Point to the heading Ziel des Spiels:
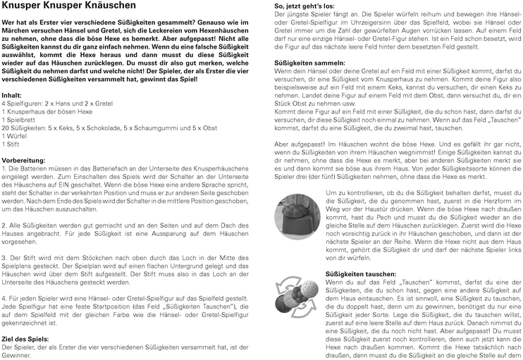(25, 339)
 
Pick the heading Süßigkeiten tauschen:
(360, 273)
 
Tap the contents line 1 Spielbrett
(20, 120)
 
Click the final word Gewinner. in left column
(18, 356)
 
